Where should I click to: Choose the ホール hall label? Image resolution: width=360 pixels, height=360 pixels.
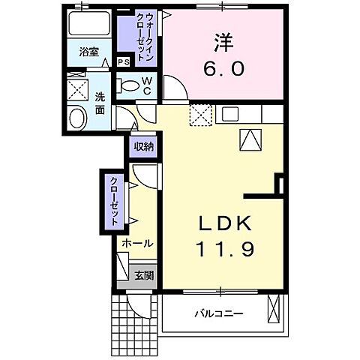136,244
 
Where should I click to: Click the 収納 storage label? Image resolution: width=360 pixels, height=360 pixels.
143,146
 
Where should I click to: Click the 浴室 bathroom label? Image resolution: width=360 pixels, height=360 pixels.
89,52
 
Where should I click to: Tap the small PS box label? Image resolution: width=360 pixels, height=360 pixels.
123,62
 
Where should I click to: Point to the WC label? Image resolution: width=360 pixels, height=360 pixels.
147,85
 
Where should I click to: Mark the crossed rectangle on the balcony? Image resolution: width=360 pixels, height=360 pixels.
274,310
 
